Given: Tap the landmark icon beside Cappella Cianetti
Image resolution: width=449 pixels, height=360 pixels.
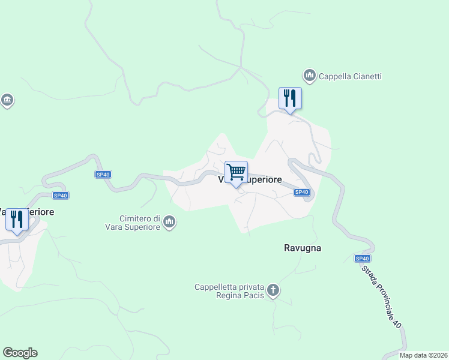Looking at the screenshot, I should pos(310,76).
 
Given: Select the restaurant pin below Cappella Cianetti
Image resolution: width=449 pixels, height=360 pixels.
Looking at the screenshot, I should pos(290,98).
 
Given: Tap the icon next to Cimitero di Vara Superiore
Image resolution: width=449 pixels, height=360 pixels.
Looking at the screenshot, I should pos(170,223).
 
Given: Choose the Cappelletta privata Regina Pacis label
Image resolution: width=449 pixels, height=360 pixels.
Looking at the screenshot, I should pos(230,291).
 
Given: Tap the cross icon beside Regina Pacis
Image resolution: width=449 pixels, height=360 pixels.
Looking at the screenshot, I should pos(273,291).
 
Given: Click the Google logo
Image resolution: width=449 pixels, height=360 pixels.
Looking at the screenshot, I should pos(20,353).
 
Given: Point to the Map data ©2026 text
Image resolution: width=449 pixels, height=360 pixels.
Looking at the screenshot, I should pos(423,355).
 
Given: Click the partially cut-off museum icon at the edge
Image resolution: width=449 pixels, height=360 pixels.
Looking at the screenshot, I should pos(7,100).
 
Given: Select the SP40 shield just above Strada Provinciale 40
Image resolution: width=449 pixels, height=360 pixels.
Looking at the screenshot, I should pos(362,259).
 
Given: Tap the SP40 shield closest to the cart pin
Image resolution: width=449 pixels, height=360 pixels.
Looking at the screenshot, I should pos(301,192).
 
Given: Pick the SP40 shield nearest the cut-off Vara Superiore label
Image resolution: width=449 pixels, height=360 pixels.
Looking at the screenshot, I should pos(60,195).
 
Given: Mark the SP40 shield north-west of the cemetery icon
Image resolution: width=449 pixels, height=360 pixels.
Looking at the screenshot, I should pos(103,175).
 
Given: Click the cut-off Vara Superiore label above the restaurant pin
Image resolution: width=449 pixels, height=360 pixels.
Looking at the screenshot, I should pos(28,212).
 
